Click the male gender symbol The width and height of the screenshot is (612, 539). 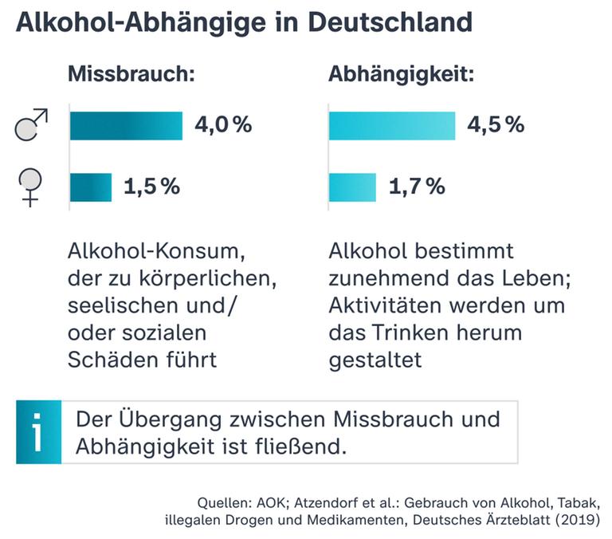point(31,126)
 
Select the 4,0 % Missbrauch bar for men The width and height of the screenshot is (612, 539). point(126,125)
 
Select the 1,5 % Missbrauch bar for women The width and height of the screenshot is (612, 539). point(91,187)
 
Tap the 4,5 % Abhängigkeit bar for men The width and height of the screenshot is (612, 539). point(391,125)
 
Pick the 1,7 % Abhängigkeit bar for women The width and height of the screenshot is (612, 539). point(352,187)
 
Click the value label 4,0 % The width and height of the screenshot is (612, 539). point(223,125)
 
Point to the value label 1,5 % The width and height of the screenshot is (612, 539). point(151,187)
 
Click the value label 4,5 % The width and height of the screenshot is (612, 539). point(495,125)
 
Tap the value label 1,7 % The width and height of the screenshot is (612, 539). point(416,187)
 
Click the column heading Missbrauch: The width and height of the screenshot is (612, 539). point(132,76)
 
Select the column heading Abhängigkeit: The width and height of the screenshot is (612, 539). point(402,76)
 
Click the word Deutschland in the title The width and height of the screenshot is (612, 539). point(389,22)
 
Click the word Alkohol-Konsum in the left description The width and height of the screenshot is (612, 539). point(155,253)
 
